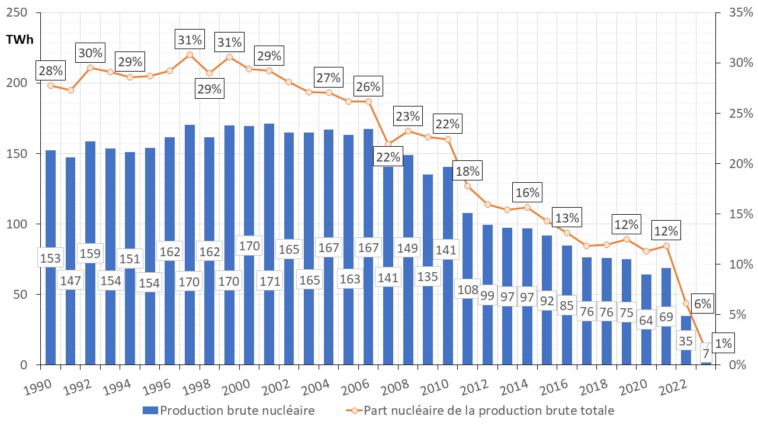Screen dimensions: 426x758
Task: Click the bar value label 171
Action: tap(270, 282)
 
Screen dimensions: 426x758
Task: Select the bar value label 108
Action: tap(467, 290)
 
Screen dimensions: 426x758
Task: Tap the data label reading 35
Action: tap(686, 341)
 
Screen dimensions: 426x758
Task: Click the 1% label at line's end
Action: tap(722, 343)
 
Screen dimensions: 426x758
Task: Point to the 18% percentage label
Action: tap(467, 172)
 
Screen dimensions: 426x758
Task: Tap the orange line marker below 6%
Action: tap(686, 304)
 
